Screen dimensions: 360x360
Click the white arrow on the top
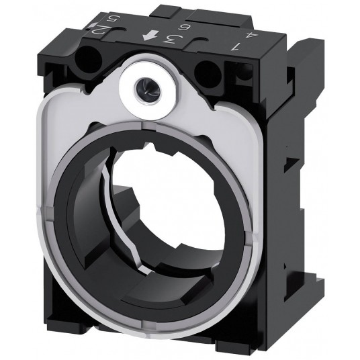point(150,36)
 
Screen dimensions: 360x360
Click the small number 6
point(184,28)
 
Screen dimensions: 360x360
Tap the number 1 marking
point(235,46)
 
